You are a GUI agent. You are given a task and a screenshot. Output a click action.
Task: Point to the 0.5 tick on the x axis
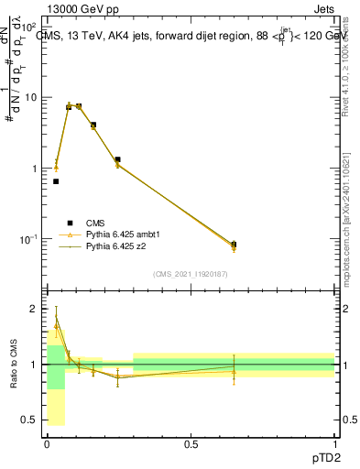[191, 443]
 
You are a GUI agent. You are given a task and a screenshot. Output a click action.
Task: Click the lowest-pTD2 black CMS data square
[56, 181]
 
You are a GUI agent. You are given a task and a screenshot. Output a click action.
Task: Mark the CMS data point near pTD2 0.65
[234, 245]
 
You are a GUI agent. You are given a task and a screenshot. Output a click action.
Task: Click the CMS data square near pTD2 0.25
[117, 159]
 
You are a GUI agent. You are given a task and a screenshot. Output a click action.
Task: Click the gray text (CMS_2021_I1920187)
[190, 274]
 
